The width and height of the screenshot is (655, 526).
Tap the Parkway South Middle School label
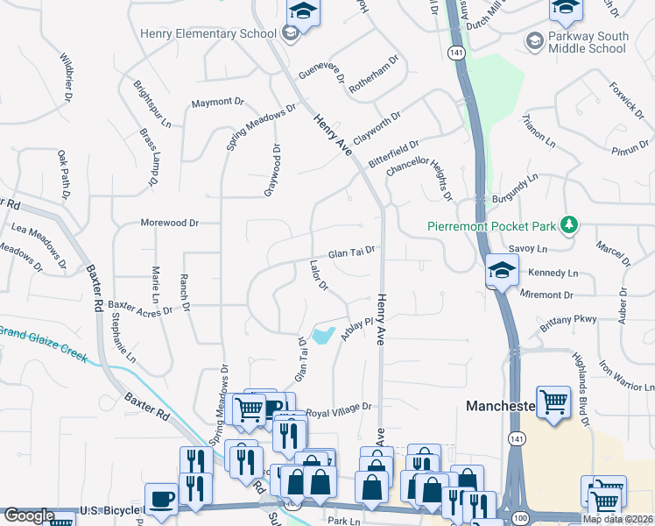pos(588,42)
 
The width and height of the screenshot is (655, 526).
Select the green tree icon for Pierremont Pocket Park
pos(569,225)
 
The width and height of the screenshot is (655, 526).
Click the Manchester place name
pos(500,406)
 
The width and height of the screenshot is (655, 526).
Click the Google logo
pos(29,515)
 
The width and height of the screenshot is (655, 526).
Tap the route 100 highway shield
pos(521,519)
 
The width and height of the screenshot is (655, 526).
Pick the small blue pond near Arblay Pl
pos(322,334)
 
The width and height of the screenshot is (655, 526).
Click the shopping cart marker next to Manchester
pos(553,404)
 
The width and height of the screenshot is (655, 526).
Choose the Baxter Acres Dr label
pos(139,307)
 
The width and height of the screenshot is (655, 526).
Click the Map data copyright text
pos(618,519)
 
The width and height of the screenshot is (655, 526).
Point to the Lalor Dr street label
pos(319,274)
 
